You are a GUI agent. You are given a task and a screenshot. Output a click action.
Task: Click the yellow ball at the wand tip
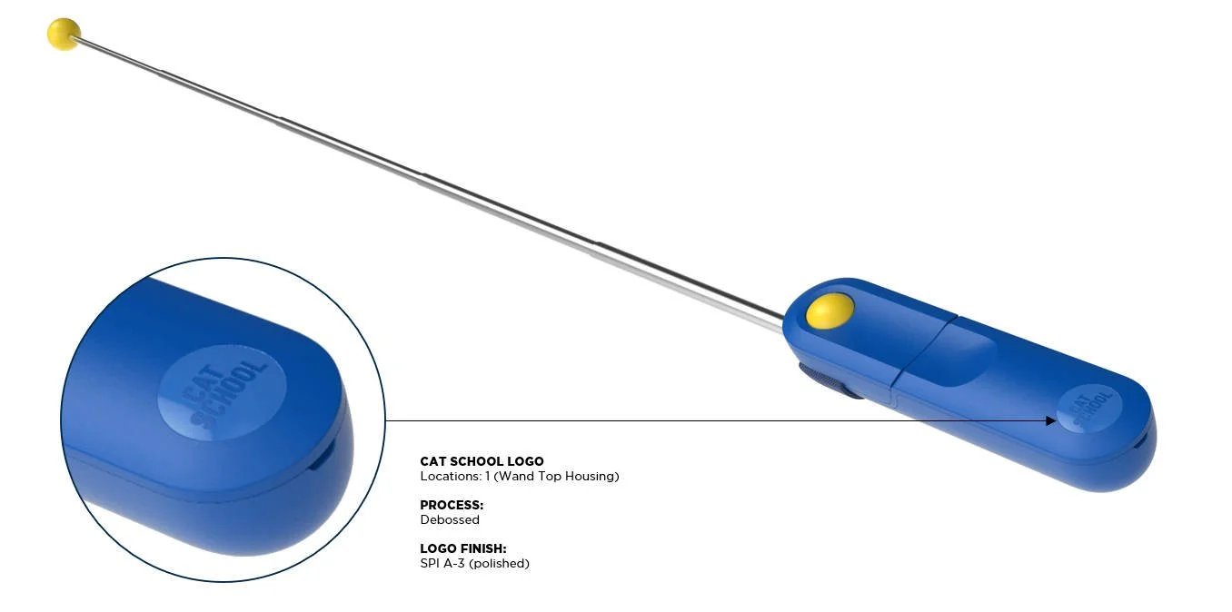(x=64, y=35)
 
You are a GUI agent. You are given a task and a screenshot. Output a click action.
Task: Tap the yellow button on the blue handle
(x=830, y=312)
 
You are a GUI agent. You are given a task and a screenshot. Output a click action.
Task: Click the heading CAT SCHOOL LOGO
(x=482, y=461)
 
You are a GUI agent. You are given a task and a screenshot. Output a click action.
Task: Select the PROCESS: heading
(x=452, y=505)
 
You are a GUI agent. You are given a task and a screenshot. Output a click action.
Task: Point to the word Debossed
(x=450, y=520)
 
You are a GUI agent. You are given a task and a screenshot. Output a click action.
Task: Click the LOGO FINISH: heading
(x=463, y=548)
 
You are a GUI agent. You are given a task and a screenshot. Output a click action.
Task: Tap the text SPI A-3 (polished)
(x=474, y=564)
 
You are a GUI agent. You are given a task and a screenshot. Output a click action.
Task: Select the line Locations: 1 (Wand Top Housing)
(x=519, y=476)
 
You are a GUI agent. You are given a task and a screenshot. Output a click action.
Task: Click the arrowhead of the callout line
(x=1051, y=420)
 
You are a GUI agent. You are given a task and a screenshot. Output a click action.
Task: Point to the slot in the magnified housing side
(x=319, y=458)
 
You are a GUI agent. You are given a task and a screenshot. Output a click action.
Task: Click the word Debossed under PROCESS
(x=450, y=520)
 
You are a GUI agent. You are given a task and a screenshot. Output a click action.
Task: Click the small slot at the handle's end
(x=1142, y=439)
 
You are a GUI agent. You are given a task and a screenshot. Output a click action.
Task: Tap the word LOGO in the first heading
(x=526, y=461)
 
